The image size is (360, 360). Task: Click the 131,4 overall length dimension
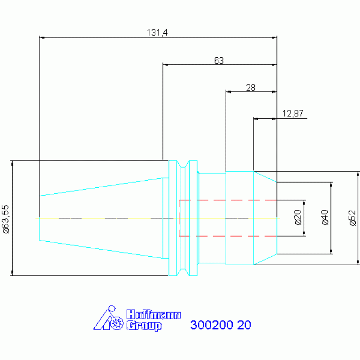[157, 32]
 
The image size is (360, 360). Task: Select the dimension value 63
[219, 61]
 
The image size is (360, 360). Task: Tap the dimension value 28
[251, 87]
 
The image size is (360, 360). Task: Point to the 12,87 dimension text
[293, 114]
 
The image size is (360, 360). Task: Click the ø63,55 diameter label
[6, 219]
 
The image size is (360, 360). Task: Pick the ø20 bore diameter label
[298, 217]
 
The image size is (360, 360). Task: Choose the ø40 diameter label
[325, 217]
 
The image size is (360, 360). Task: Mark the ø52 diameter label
[352, 218]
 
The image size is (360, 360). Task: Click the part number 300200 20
[221, 325]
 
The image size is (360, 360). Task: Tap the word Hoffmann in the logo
[153, 314]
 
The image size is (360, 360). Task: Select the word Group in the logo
[144, 326]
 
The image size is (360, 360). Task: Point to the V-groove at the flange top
[183, 164]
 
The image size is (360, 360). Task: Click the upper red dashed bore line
[228, 200]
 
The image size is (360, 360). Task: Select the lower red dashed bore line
[228, 236]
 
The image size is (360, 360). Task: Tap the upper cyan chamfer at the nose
[265, 177]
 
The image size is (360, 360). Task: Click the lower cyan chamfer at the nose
[265, 260]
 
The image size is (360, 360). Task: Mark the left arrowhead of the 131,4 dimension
[42, 38]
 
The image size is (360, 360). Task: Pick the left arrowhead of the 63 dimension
[165, 65]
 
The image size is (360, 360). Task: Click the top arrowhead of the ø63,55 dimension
[12, 163]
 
